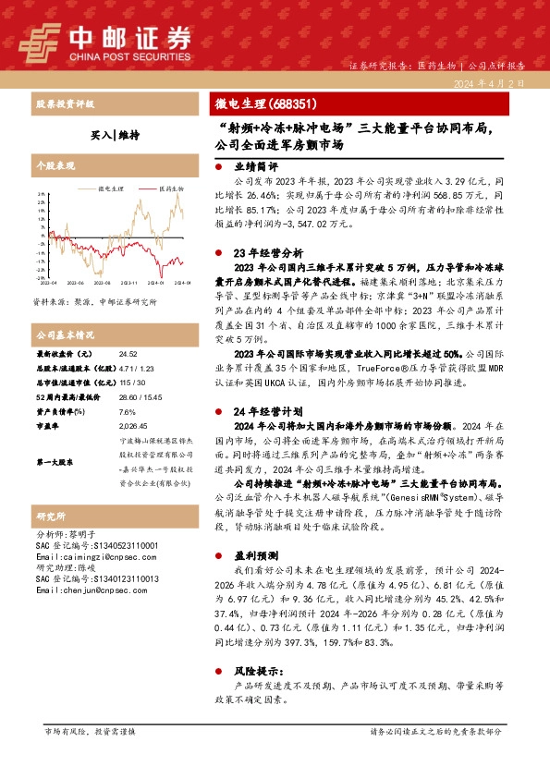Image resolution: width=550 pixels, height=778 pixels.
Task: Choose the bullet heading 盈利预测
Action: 251,558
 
